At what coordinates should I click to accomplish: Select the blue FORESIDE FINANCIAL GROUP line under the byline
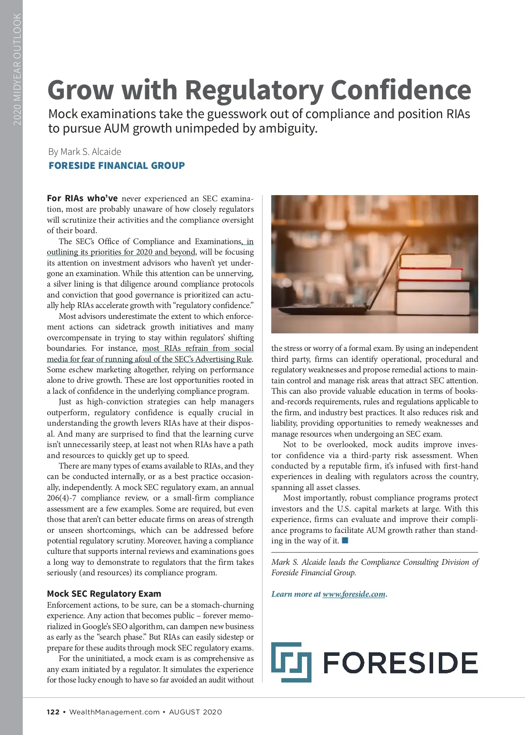117,166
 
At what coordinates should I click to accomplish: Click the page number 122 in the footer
53,712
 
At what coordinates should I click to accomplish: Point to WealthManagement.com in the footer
114,712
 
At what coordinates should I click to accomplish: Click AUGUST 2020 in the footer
195,712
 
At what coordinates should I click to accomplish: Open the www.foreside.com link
354,594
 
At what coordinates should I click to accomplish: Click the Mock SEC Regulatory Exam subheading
104,594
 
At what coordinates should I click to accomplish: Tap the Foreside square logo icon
291,662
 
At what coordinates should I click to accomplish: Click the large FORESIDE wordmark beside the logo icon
400,663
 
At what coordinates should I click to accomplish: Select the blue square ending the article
345,540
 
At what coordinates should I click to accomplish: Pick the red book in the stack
430,274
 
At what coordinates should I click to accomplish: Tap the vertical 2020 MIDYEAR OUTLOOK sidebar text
17,69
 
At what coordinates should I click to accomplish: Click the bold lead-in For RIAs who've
82,198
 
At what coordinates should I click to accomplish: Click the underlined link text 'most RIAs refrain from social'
198,348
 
